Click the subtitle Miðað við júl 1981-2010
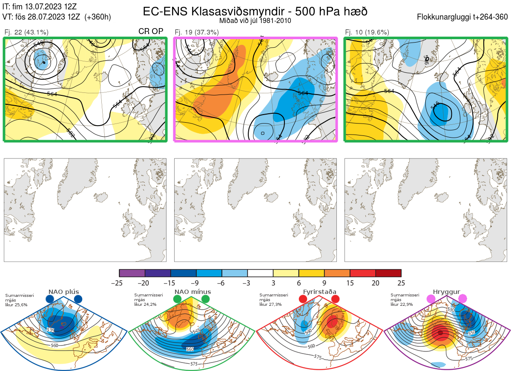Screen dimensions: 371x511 coord(255,20)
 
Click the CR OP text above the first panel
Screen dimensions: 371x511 coord(151,32)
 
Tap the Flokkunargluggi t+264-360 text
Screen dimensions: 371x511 coord(463,17)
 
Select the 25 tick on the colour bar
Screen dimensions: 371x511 coord(401,283)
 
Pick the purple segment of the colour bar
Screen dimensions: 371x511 coord(132,273)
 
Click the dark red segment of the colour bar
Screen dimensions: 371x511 coord(388,273)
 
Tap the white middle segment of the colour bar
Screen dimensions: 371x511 coord(260,273)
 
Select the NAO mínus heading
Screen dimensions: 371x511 coord(192,292)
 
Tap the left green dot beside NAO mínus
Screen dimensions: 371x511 coord(178,299)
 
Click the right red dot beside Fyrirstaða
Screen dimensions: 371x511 coord(335,299)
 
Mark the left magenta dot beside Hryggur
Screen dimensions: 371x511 coord(431,299)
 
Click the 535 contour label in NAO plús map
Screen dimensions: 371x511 coord(51,330)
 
